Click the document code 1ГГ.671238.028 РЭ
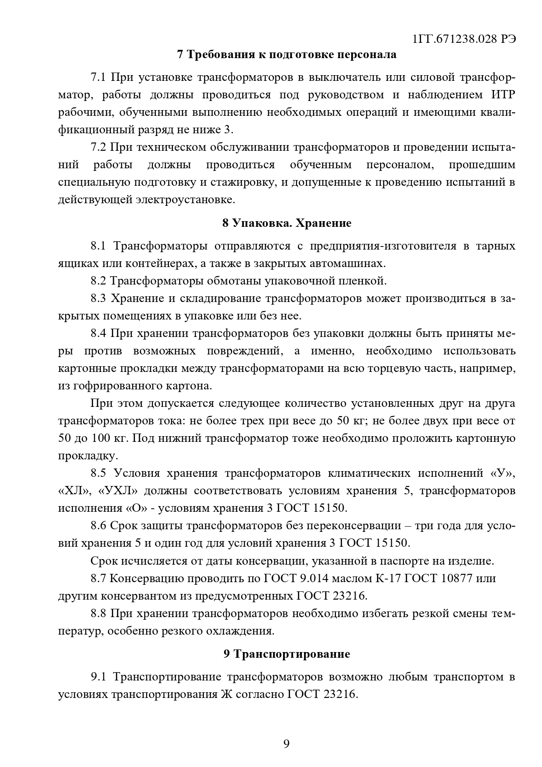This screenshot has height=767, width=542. click(x=464, y=39)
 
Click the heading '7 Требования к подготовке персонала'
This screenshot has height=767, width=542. click(x=287, y=55)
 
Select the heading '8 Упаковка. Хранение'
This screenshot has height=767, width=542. click(x=287, y=223)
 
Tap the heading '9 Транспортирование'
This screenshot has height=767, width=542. click(x=287, y=654)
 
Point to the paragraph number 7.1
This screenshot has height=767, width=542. click(x=98, y=78)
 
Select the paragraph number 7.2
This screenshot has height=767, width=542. click(x=98, y=147)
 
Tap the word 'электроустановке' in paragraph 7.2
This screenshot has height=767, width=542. click(x=185, y=200)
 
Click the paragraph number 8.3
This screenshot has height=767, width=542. click(x=98, y=298)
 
